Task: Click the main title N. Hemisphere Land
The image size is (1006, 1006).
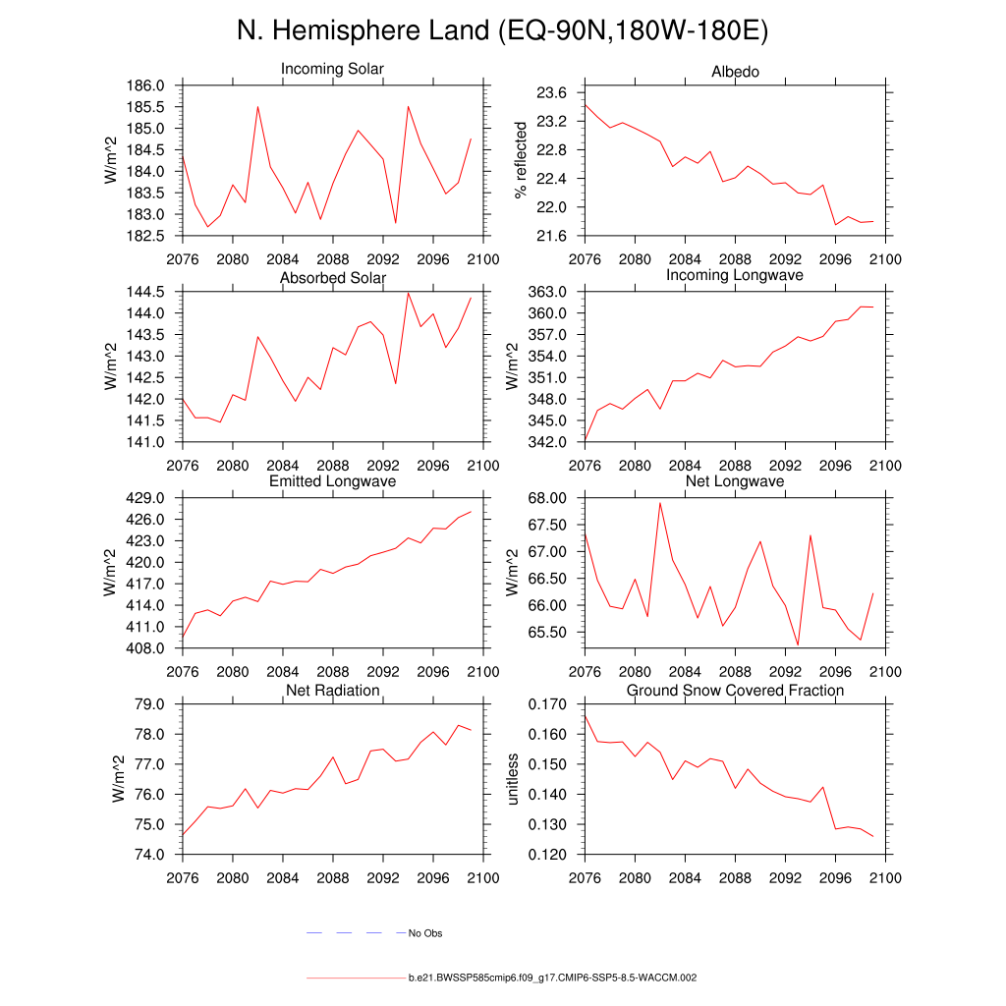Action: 502,30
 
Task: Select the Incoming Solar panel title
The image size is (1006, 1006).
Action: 332,70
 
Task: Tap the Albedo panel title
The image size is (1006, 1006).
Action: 735,73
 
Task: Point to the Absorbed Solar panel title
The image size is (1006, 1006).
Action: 332,278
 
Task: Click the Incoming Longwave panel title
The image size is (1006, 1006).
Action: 735,275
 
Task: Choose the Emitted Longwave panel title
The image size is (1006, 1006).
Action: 332,481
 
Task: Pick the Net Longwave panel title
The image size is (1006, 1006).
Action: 735,481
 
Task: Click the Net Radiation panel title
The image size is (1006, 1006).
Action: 332,691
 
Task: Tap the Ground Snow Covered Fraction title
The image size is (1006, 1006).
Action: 735,691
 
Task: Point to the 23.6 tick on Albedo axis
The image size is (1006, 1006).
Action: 555,93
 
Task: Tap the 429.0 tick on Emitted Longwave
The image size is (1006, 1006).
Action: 152,498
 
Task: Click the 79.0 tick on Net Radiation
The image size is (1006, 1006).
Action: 156,704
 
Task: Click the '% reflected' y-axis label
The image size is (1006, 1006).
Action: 522,160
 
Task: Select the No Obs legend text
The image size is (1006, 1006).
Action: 425,933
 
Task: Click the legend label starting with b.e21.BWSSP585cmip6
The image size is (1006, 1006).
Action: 552,978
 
